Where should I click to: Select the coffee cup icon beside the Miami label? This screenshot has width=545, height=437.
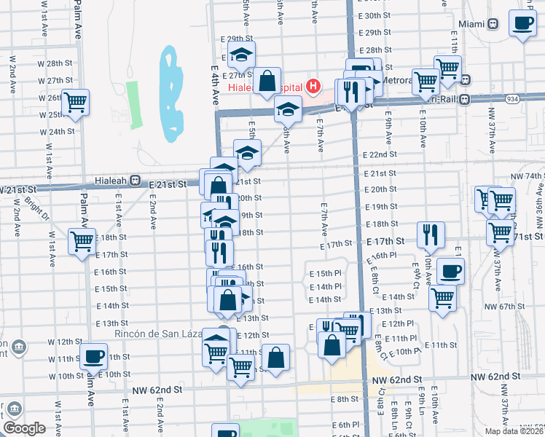[x=522, y=24]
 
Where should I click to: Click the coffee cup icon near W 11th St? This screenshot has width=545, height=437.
[x=93, y=357]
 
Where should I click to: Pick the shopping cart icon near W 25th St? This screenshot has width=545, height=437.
[x=75, y=103]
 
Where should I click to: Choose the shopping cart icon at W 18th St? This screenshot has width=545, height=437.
[x=82, y=241]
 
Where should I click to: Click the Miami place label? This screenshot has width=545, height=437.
[x=471, y=23]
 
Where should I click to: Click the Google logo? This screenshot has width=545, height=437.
[x=24, y=428]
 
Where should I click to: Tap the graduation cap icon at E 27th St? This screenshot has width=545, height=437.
[x=241, y=55]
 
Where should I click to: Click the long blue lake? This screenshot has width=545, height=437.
[x=171, y=95]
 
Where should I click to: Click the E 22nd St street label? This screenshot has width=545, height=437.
[x=380, y=154]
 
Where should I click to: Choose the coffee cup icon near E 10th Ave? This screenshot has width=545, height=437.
[x=450, y=272]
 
